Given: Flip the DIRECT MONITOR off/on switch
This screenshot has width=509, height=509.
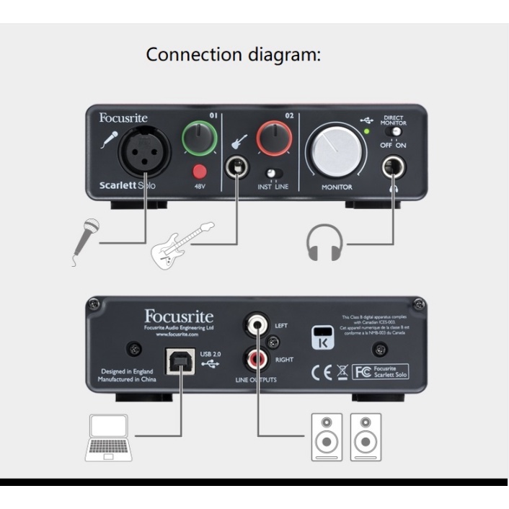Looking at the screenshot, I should click(394, 133).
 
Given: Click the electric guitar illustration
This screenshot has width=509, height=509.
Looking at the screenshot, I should click(181, 244).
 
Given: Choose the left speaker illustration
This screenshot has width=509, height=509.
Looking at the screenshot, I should click(323, 436).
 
